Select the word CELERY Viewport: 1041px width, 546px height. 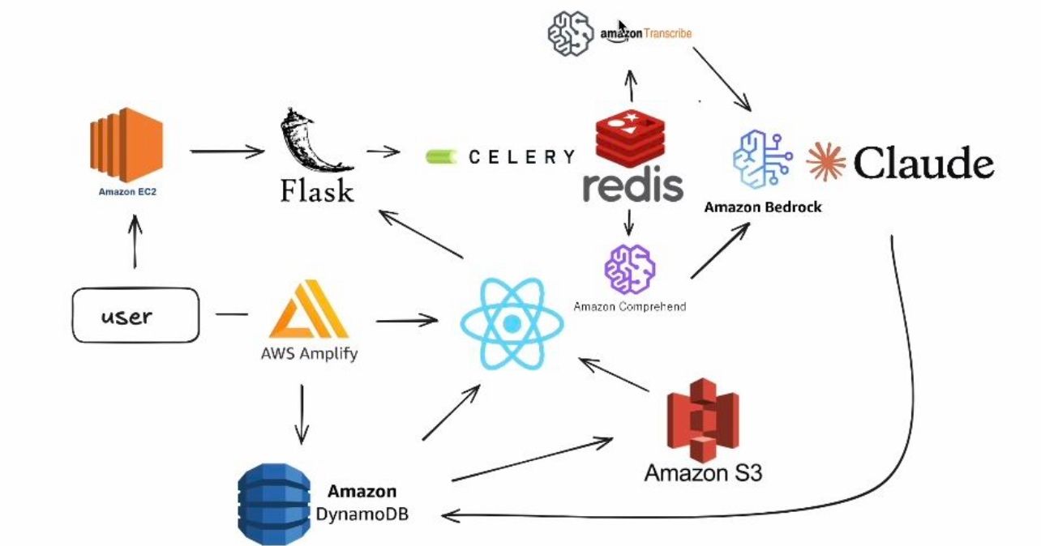click(x=521, y=157)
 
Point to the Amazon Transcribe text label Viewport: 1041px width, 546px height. click(x=646, y=33)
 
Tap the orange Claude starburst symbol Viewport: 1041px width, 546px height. click(x=825, y=162)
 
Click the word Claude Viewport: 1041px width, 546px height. click(x=923, y=164)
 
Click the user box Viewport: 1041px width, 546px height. click(x=135, y=314)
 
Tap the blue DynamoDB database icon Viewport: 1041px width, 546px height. click(x=274, y=502)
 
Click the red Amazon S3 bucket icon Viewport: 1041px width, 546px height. click(x=702, y=421)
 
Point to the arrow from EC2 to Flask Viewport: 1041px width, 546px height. click(x=227, y=151)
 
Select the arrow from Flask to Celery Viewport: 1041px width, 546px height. click(x=382, y=151)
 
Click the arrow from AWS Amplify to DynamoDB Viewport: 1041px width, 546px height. click(x=302, y=413)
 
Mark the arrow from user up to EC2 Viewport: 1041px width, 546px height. click(x=135, y=244)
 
